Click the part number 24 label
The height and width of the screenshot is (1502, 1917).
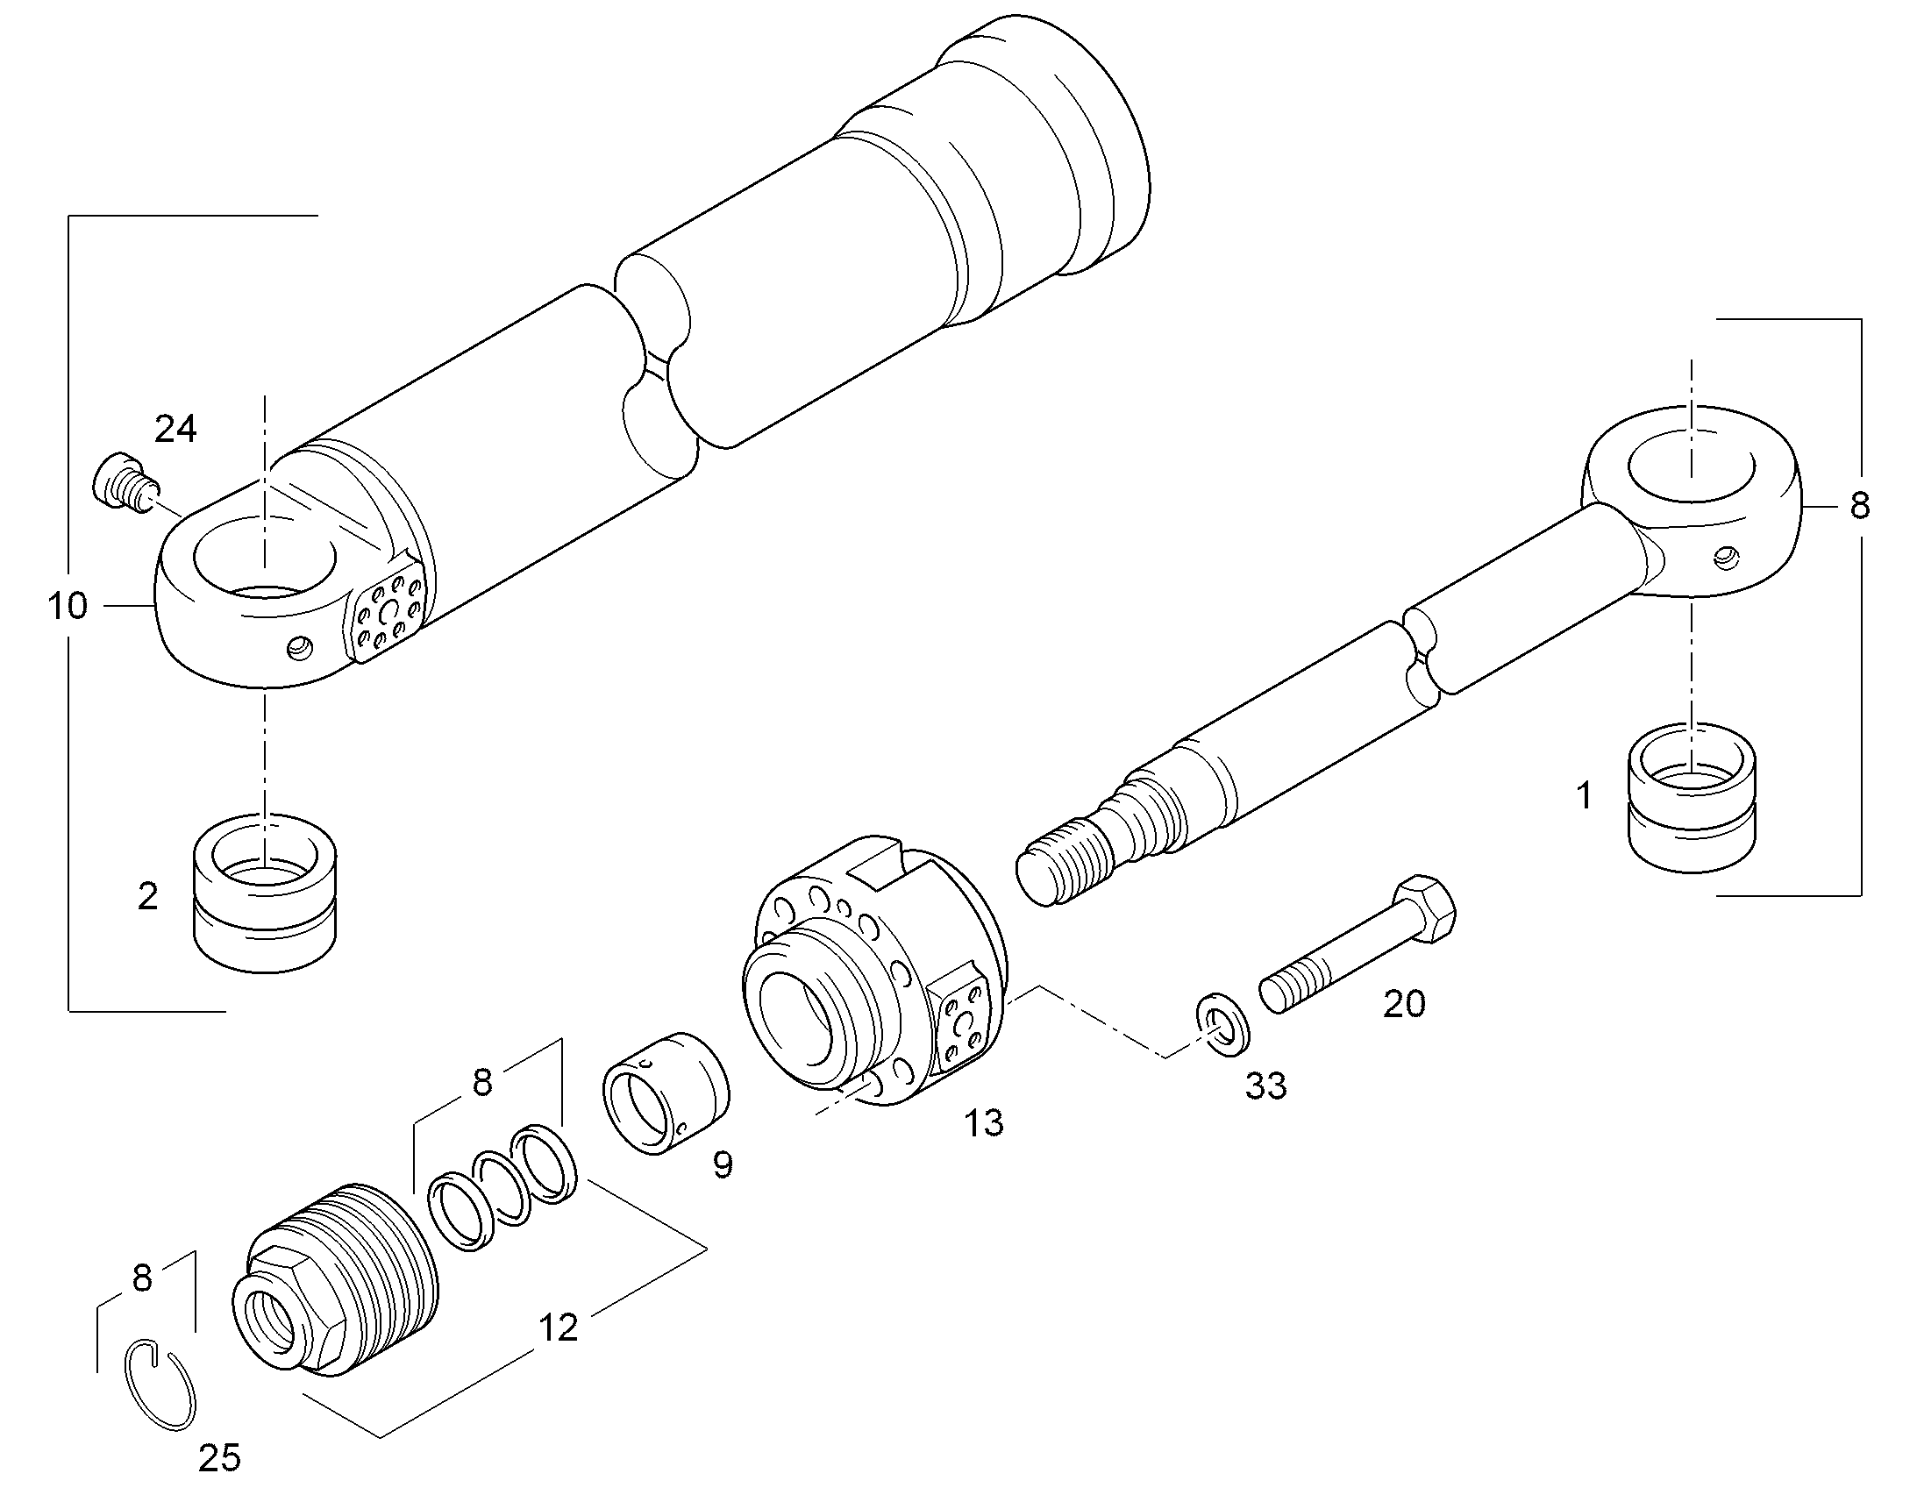(x=176, y=429)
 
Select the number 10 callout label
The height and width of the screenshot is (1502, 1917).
(x=68, y=606)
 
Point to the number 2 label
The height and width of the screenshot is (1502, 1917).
(x=147, y=896)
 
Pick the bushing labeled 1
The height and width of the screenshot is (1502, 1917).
(x=1692, y=798)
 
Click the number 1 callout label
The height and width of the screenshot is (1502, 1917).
(x=1584, y=797)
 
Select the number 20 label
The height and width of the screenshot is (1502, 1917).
(x=1404, y=1003)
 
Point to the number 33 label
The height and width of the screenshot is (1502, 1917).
(x=1265, y=1086)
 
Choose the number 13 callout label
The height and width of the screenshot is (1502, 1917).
(x=984, y=1123)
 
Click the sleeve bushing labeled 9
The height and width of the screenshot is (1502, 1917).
(x=666, y=1094)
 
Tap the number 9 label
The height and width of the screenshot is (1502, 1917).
(x=722, y=1165)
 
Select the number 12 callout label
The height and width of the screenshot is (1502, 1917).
(x=558, y=1328)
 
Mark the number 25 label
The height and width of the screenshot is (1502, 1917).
(x=219, y=1458)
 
